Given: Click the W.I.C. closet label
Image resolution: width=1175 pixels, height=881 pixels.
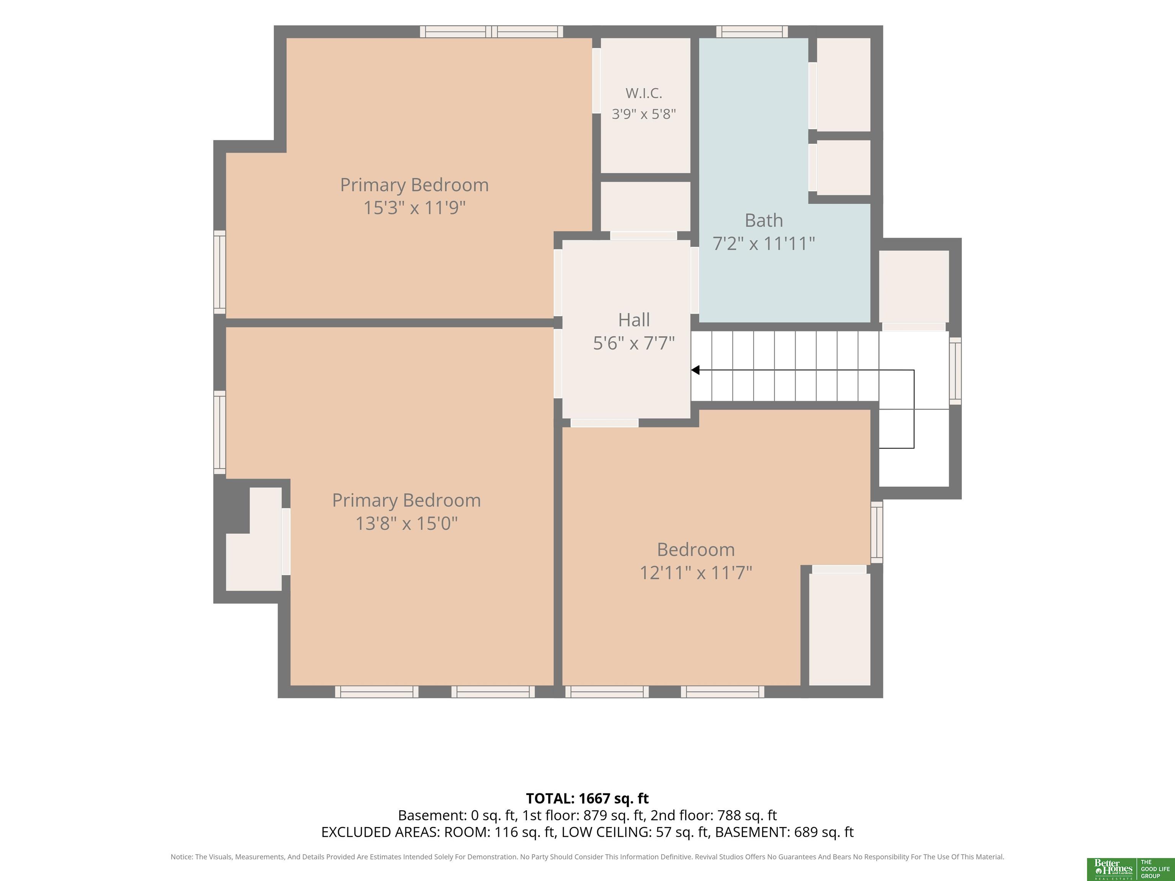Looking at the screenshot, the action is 644,93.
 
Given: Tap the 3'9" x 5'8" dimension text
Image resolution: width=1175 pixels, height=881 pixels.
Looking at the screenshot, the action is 644,114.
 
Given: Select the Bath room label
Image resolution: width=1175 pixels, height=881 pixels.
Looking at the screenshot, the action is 763,220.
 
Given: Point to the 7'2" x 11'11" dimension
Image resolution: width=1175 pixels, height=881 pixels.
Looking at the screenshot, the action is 763,244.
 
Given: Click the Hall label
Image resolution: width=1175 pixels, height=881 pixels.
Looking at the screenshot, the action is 634,320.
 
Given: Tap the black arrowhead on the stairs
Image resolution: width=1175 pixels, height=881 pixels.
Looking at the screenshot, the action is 695,370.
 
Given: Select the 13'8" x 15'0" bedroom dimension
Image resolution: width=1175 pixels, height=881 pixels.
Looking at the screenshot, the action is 406,523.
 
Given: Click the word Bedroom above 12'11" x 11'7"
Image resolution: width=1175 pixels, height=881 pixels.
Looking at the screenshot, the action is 696,549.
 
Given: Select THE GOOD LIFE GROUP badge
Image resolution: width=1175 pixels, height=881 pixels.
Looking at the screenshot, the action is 1155,869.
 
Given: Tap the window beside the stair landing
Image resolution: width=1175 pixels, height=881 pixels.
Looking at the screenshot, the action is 955,371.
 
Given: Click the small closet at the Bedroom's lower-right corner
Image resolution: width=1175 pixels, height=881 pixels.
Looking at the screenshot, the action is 839,629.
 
